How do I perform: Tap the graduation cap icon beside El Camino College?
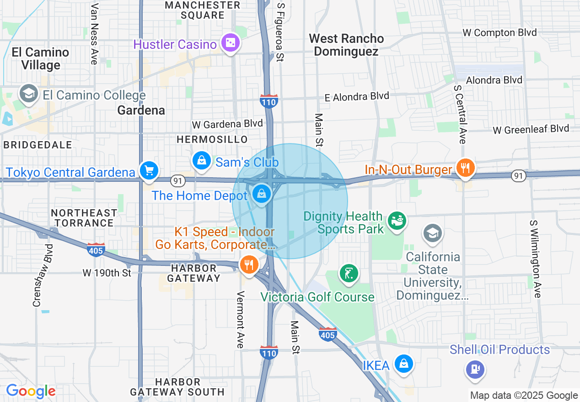pyautogui.click(x=28, y=94)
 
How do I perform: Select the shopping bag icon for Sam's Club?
pyautogui.click(x=201, y=161)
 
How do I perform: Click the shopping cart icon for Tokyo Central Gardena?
pyautogui.click(x=149, y=171)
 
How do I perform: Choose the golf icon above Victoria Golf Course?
pyautogui.click(x=349, y=274)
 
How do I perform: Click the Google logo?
pyautogui.click(x=31, y=391)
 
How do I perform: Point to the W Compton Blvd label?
pyautogui.click(x=499, y=33)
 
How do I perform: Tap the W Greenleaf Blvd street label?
pyautogui.click(x=531, y=130)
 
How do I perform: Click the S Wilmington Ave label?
pyautogui.click(x=535, y=259)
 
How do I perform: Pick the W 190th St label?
pyautogui.click(x=107, y=273)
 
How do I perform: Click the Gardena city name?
pyautogui.click(x=141, y=110)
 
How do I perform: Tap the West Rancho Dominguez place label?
pyautogui.click(x=346, y=45)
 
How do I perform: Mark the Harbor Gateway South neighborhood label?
pyautogui.click(x=177, y=386)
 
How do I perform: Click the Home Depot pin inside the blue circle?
pyautogui.click(x=261, y=195)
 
